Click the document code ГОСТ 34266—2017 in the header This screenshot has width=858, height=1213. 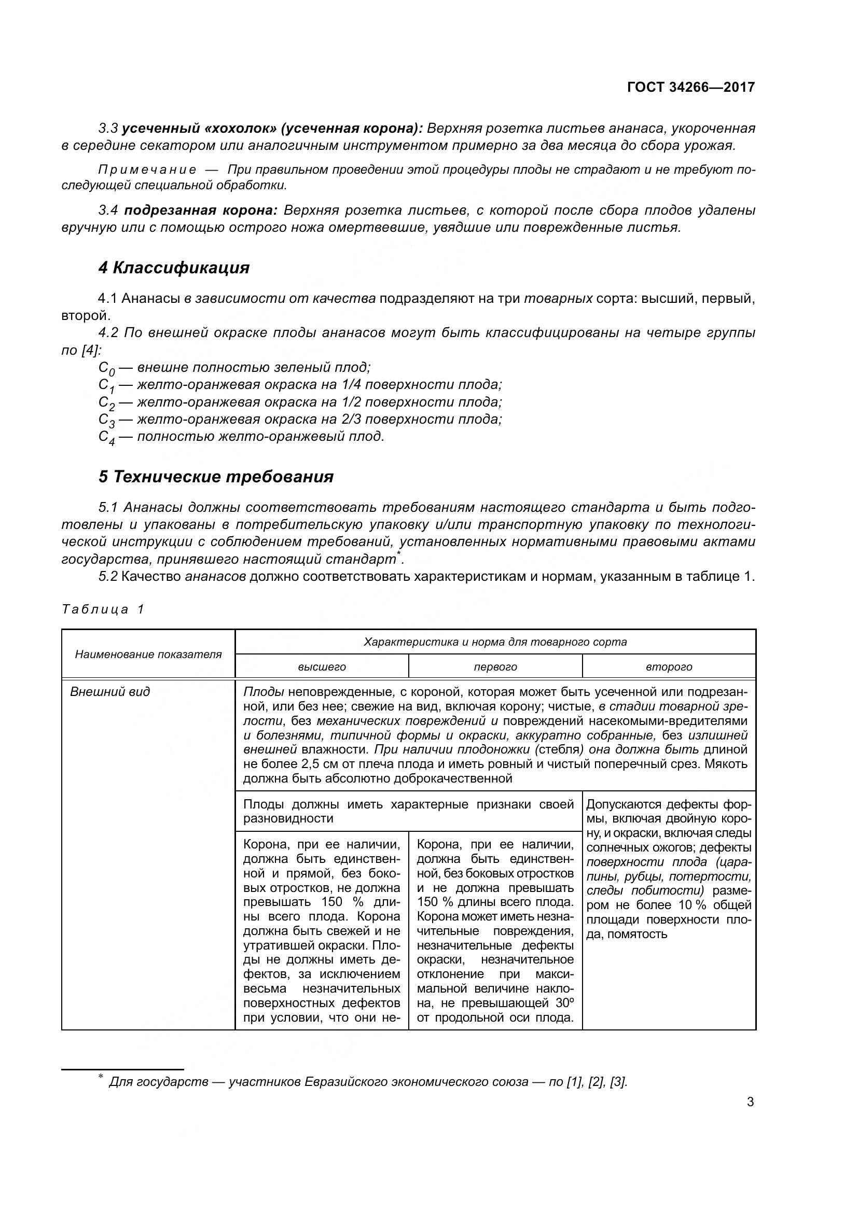(690, 87)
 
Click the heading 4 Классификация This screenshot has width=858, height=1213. (174, 268)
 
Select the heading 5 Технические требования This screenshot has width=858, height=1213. (216, 477)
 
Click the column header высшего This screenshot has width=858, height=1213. (322, 667)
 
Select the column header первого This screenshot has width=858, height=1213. (495, 667)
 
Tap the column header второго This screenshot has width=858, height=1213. (668, 667)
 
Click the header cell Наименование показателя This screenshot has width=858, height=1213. (148, 654)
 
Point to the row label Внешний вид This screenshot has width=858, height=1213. (110, 692)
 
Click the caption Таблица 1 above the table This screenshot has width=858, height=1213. (103, 609)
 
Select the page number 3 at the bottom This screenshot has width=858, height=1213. (750, 1102)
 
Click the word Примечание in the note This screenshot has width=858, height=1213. (147, 170)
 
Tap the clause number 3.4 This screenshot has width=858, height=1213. (108, 210)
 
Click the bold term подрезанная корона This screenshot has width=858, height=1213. (200, 210)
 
